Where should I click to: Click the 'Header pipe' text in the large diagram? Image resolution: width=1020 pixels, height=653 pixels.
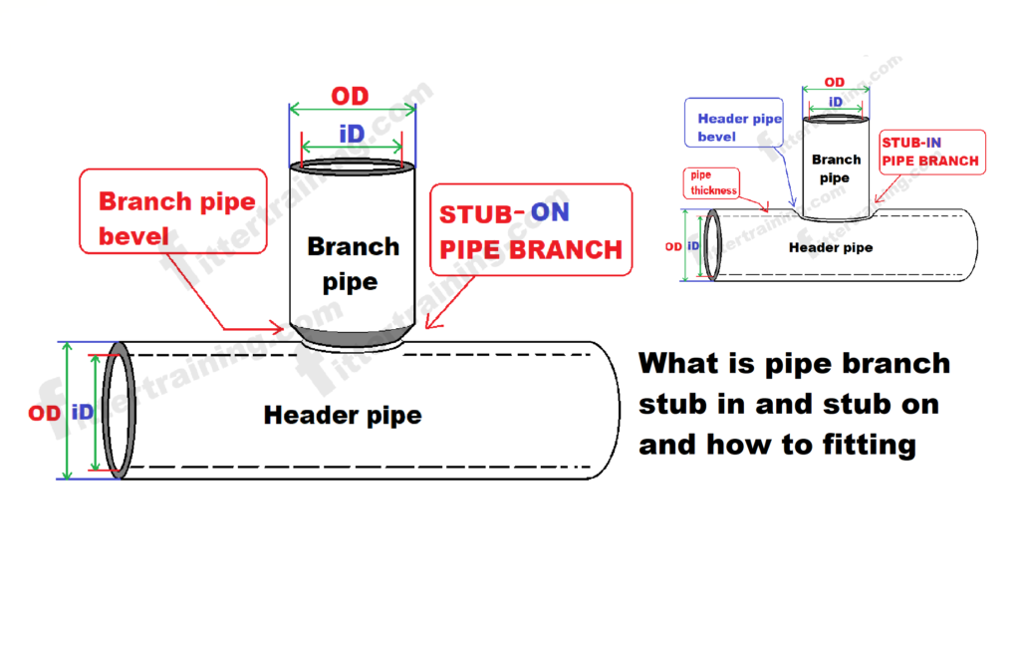click(x=342, y=415)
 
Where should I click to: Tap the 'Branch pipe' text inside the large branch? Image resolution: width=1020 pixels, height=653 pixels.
click(x=352, y=263)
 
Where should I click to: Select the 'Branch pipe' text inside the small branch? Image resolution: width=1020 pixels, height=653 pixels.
click(x=835, y=168)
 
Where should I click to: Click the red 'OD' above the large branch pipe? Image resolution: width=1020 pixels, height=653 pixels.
click(x=350, y=97)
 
